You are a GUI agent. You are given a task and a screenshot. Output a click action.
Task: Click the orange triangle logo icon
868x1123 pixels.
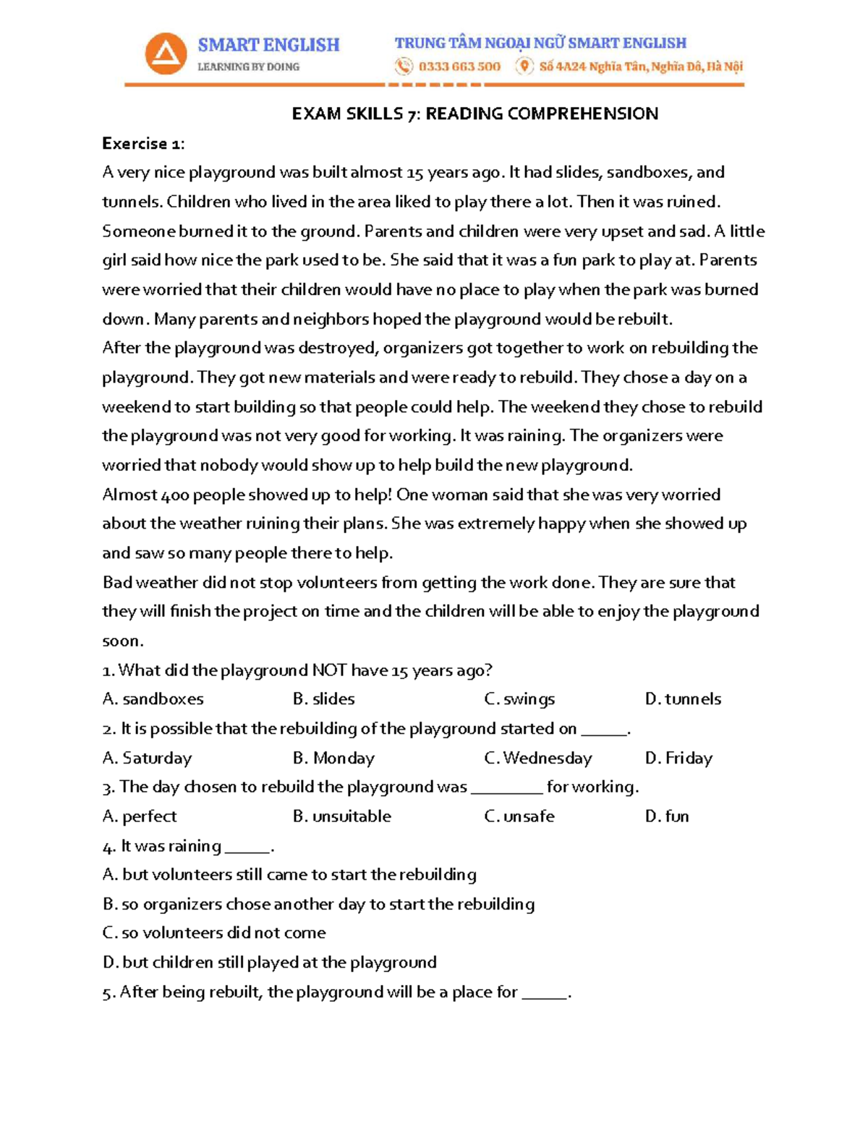click(x=166, y=54)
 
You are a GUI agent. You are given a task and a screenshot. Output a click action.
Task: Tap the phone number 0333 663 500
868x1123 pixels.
click(x=459, y=67)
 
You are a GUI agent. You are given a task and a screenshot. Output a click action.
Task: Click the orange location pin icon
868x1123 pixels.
click(x=524, y=67)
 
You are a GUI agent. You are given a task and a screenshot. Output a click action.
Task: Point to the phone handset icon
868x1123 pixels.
click(x=403, y=67)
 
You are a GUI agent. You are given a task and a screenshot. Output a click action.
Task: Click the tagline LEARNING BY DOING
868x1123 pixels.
click(x=248, y=67)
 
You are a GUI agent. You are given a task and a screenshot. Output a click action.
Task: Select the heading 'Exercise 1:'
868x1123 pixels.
click(x=143, y=143)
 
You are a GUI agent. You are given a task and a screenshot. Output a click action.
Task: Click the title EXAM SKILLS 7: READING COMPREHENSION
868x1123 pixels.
click(x=475, y=114)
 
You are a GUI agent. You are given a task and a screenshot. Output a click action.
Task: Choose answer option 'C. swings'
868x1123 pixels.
click(x=519, y=699)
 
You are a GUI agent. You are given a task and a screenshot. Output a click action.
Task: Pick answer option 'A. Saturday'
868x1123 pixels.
click(x=148, y=758)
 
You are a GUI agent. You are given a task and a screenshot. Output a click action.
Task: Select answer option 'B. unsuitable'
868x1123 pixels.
click(x=341, y=816)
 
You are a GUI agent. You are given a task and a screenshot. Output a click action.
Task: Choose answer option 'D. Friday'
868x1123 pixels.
click(x=678, y=758)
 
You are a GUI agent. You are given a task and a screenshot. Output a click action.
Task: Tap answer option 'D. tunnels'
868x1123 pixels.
click(x=683, y=699)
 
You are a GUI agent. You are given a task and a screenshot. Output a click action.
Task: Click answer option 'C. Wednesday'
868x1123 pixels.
click(x=537, y=758)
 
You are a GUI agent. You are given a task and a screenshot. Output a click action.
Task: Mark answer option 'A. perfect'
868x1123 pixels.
click(x=140, y=816)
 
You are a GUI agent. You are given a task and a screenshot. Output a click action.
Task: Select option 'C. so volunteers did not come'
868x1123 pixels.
click(x=214, y=933)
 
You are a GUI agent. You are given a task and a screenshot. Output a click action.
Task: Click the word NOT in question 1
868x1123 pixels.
click(x=329, y=670)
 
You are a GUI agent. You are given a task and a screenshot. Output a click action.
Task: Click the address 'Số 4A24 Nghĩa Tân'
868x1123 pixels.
click(x=592, y=67)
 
